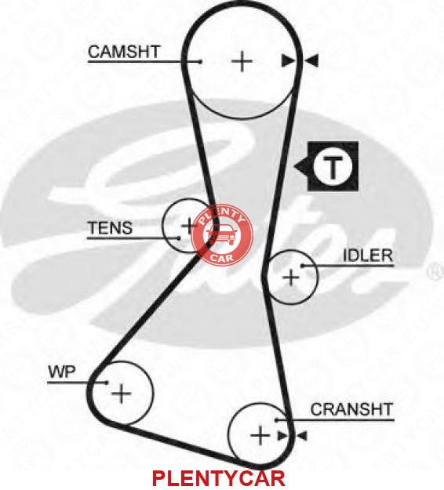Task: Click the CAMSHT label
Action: pyautogui.click(x=124, y=52)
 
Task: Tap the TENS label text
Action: pyautogui.click(x=110, y=228)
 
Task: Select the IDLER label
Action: pyautogui.click(x=368, y=256)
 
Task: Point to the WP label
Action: pyautogui.click(x=62, y=372)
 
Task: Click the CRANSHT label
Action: pyautogui.click(x=351, y=409)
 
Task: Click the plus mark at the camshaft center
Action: pyautogui.click(x=242, y=61)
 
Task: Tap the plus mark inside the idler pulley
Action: pyautogui.click(x=291, y=278)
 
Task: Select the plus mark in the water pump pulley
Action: pyautogui.click(x=122, y=393)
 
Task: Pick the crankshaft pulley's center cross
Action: pyautogui.click(x=260, y=435)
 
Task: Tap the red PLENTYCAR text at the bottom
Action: pyautogui.click(x=219, y=478)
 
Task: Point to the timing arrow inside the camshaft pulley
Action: pyautogui.click(x=288, y=60)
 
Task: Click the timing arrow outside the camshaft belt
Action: pyautogui.click(x=311, y=60)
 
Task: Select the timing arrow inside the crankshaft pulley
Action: pyautogui.click(x=282, y=436)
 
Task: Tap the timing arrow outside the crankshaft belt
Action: pyautogui.click(x=302, y=436)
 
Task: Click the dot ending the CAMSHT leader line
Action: pyautogui.click(x=200, y=62)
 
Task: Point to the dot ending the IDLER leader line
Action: pyautogui.click(x=303, y=266)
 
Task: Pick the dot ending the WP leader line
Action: pyautogui.click(x=107, y=382)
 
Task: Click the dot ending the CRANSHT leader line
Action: pyautogui.click(x=276, y=420)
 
